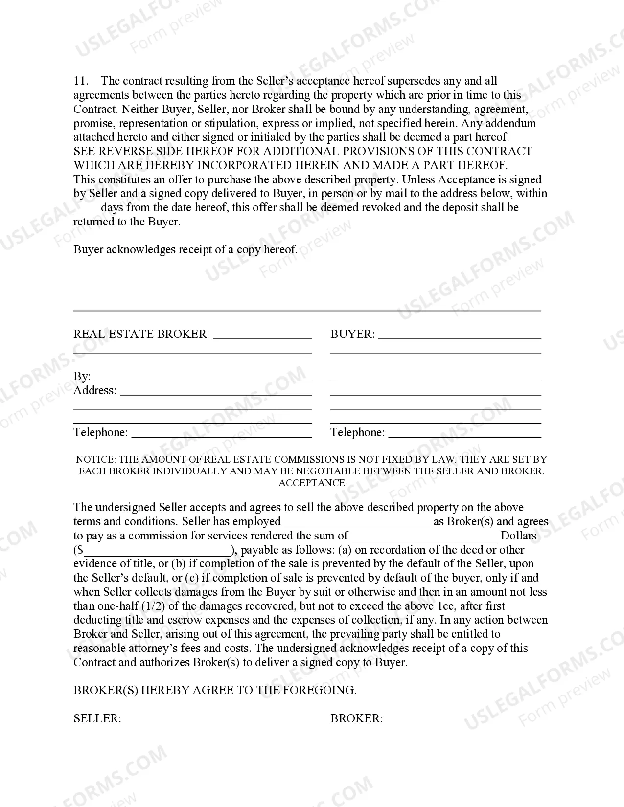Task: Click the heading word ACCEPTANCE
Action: click(x=312, y=483)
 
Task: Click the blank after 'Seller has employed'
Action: click(x=357, y=525)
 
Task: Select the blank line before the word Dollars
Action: click(x=424, y=539)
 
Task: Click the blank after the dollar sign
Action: click(x=157, y=553)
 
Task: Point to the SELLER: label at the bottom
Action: click(x=97, y=718)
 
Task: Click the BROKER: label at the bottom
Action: click(x=356, y=718)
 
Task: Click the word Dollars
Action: click(x=519, y=536)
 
